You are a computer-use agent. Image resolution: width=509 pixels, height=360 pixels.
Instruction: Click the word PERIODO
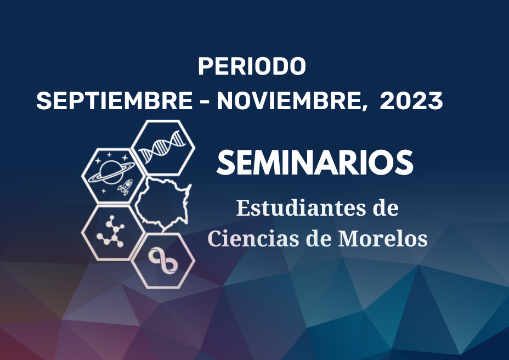pos(252,66)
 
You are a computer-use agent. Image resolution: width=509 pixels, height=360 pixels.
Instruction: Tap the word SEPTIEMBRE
pos(115,100)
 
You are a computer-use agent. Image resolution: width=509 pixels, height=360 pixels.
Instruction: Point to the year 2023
pos(411,100)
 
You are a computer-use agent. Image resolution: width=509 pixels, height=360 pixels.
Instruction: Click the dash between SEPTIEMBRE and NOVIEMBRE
pos(205,102)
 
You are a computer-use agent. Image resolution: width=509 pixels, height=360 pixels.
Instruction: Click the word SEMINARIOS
pos(315,162)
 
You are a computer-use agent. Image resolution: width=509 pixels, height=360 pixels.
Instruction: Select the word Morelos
pos(383,239)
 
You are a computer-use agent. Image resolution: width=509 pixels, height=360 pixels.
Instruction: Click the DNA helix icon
pos(163,147)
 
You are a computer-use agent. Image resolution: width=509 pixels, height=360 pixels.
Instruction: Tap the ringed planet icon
pos(111,171)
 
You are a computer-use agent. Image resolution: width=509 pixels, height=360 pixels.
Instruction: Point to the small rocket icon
pos(126,187)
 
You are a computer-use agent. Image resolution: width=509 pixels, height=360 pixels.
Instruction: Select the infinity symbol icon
pos(163,260)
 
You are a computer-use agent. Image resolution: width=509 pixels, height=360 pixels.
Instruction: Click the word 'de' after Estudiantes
pos(386,208)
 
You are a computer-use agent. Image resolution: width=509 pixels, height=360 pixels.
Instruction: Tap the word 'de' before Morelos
pos(319,239)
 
